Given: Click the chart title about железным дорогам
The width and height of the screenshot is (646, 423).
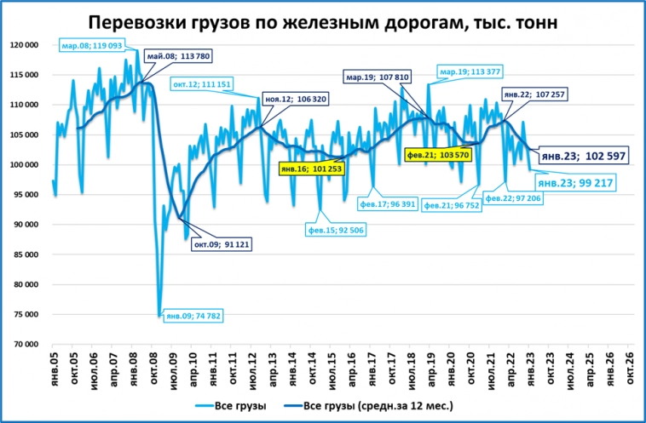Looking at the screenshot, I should pyautogui.click(x=323, y=21).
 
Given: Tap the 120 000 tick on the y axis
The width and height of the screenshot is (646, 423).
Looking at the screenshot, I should pyautogui.click(x=23, y=44).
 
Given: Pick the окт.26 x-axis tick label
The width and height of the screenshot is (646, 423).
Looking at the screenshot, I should pyautogui.click(x=631, y=368).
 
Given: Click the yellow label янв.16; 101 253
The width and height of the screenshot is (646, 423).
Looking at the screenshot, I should pyautogui.click(x=309, y=169).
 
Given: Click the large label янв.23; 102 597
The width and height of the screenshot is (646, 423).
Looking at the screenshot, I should pyautogui.click(x=574, y=155).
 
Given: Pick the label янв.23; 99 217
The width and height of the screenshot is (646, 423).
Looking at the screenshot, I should pyautogui.click(x=575, y=182).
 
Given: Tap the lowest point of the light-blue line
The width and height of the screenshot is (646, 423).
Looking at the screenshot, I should pyautogui.click(x=159, y=316).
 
